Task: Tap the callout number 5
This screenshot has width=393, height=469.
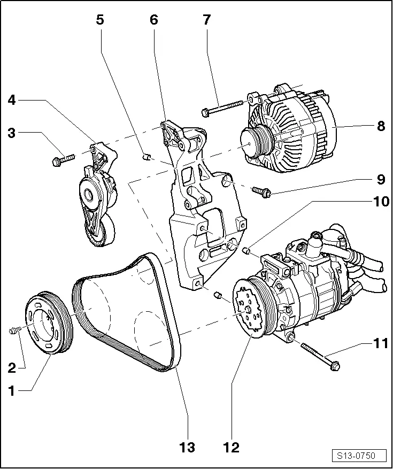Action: point(100,20)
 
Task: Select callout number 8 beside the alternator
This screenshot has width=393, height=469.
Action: point(381,126)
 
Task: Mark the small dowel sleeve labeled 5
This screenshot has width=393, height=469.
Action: point(144,156)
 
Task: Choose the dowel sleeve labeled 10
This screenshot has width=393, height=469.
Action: point(247,250)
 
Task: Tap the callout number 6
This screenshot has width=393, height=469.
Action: point(154,20)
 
